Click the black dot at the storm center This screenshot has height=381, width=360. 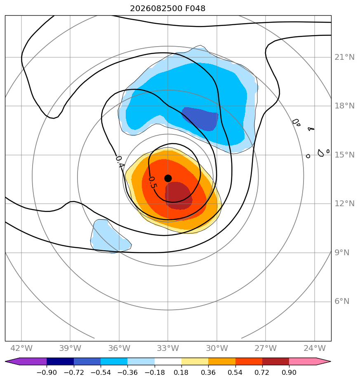[168, 179]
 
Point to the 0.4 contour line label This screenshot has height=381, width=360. [120, 162]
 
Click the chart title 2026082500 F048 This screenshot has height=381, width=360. [168, 9]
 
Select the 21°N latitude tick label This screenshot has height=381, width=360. [344, 57]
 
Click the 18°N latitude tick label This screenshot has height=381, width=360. [344, 106]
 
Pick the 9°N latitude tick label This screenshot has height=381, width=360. [342, 253]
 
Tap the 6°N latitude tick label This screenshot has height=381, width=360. [342, 301]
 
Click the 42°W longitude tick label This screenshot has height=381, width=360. [21, 348]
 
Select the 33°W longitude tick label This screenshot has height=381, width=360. [168, 348]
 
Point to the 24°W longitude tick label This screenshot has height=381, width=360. [315, 348]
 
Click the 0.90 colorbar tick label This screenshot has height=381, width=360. [289, 372]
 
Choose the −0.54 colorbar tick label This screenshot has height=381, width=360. [100, 372]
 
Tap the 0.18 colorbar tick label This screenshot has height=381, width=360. [181, 372]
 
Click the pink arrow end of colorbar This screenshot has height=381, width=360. [310, 362]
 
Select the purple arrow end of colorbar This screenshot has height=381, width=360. [26, 362]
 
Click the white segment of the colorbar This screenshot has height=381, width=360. [168, 362]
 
